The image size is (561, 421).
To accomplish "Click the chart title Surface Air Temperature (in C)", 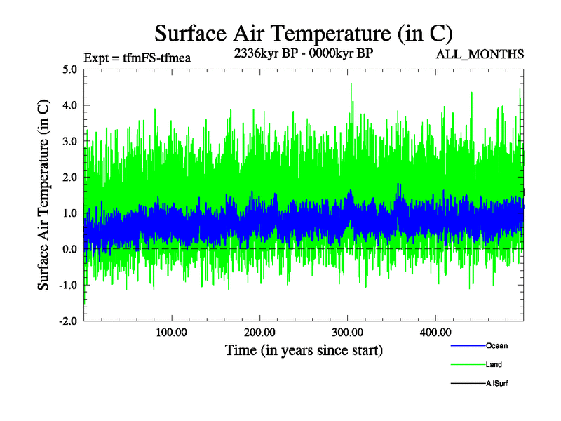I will (304, 33).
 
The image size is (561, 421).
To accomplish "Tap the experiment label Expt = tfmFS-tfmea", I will (137, 58).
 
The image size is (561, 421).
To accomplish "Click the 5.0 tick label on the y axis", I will (69, 69).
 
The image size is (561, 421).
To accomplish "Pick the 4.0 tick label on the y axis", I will (69, 105).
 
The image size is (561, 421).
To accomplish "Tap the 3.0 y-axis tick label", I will (69, 142).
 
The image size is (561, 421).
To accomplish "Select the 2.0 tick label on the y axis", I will (69, 178).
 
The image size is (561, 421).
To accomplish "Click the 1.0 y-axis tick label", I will (69, 213).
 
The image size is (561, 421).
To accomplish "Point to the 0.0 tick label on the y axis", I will (69, 249).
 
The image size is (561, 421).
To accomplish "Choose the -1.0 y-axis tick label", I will (67, 286).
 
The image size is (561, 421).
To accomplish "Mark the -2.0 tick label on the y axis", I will (67, 321).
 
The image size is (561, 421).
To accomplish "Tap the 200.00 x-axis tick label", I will (259, 332).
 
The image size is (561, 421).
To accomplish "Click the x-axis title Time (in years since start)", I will (304, 349).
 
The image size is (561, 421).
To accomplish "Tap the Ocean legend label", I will (496, 346).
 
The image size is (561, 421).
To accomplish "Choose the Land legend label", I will (494, 365).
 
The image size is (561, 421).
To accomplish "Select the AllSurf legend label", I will (496, 384).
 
